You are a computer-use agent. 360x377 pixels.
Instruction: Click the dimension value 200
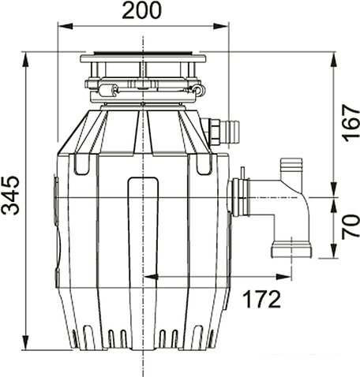(x=142, y=11)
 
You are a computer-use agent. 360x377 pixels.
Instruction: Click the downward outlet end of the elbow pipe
(x=291, y=251)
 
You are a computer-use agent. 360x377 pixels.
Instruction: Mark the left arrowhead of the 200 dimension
(x=61, y=28)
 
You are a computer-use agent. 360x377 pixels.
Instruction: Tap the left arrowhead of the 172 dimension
(x=147, y=277)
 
